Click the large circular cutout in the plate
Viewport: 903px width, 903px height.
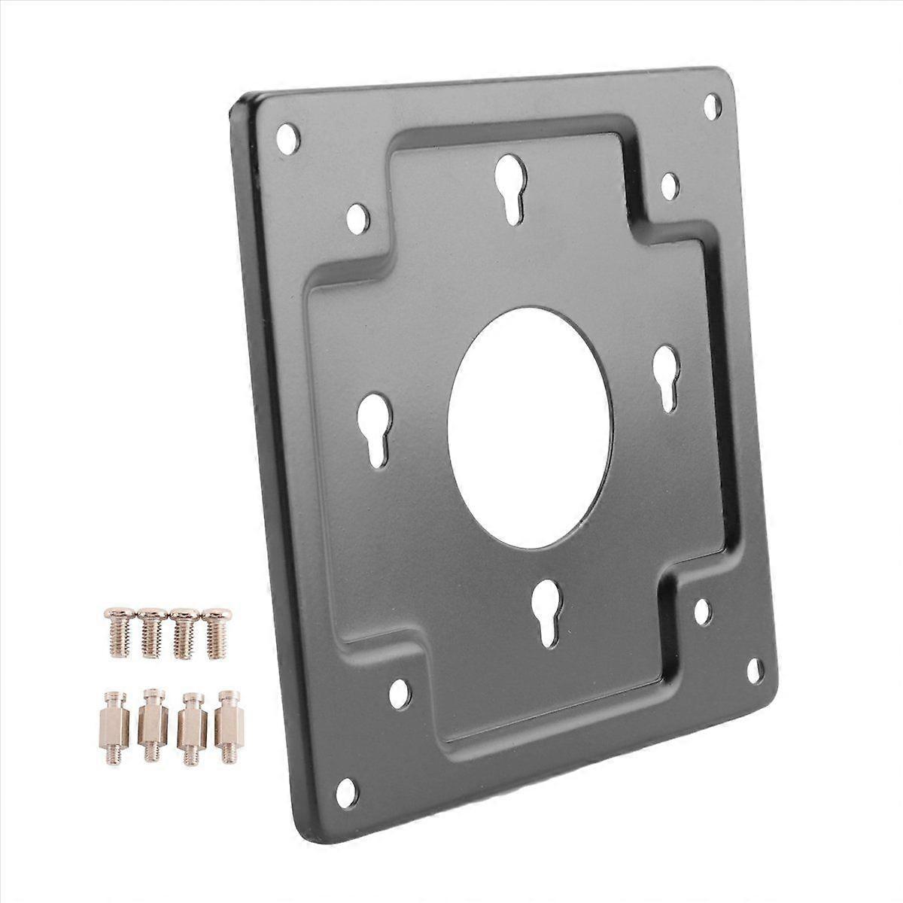point(530,427)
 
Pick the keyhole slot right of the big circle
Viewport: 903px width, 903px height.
point(667,376)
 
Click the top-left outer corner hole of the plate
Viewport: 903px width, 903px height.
point(287,138)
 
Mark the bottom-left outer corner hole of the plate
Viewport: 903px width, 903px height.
point(347,790)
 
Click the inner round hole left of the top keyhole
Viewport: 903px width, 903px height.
point(357,217)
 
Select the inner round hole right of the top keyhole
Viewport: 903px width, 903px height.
point(669,185)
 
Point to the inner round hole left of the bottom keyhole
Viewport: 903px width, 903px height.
point(400,694)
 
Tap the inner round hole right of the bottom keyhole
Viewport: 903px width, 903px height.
point(702,611)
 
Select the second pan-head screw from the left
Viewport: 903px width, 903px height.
point(151,632)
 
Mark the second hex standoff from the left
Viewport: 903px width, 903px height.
point(153,723)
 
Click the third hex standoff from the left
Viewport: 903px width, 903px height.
point(191,723)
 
